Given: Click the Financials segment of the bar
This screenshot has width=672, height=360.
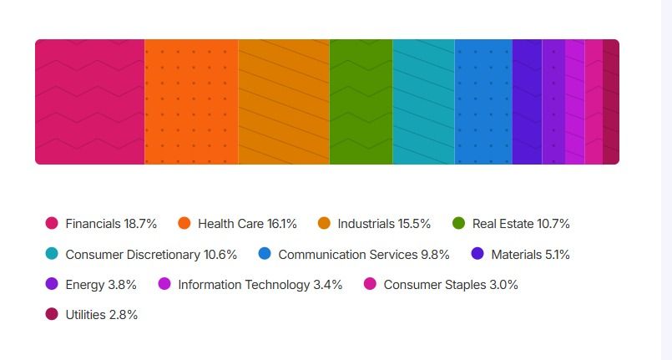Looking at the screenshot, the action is click(90, 102).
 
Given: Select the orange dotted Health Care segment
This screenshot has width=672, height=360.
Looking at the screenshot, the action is click(191, 102).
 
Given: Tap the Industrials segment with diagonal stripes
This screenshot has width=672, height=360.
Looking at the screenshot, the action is click(284, 102).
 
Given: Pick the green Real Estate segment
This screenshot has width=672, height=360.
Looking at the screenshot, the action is click(361, 102).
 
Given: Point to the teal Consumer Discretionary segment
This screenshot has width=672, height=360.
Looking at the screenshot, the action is click(424, 102).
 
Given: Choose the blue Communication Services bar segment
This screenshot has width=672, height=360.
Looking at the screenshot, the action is click(484, 102).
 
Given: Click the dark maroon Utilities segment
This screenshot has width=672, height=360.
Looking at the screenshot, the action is click(611, 102).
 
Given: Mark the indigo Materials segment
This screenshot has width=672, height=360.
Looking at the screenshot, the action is click(528, 102).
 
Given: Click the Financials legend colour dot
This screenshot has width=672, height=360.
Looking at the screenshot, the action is click(52, 223).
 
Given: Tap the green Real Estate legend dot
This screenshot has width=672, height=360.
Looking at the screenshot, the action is click(458, 223).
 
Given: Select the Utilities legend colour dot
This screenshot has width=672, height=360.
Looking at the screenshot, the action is click(52, 314).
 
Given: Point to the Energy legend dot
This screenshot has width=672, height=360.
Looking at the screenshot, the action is click(52, 284).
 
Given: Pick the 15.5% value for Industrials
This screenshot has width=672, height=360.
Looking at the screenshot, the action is click(414, 224).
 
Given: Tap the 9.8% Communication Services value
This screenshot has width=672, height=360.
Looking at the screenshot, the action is click(435, 255).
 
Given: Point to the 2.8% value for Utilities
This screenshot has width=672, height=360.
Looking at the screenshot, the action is click(124, 315).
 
